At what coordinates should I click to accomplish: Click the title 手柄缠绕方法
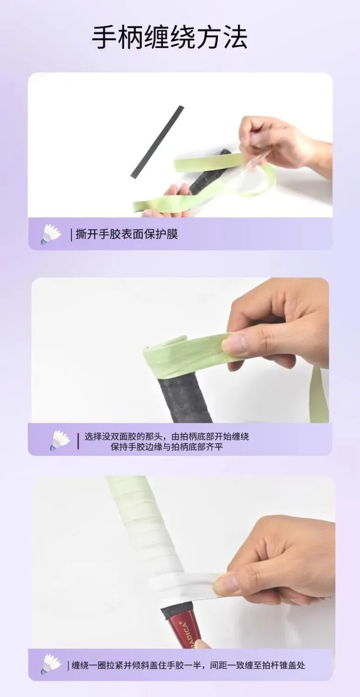(170, 37)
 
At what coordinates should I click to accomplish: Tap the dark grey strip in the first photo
(157, 142)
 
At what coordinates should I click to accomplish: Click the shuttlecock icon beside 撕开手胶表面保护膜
(51, 234)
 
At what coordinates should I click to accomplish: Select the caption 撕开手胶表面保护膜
(127, 234)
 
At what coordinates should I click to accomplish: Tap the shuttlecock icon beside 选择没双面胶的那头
(60, 441)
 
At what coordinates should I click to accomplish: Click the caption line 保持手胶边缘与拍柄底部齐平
(167, 447)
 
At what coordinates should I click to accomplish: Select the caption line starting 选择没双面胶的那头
(167, 436)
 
